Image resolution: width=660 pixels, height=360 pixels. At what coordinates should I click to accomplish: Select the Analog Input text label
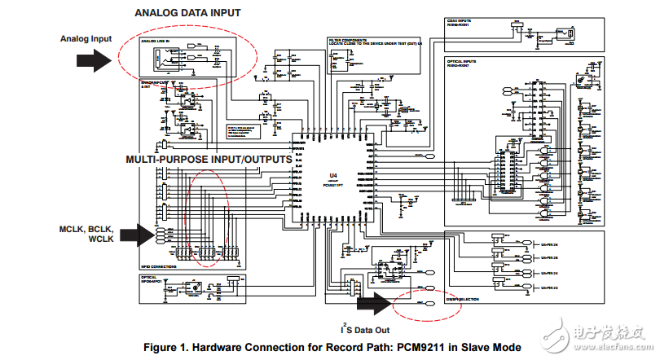pyautogui.click(x=86, y=38)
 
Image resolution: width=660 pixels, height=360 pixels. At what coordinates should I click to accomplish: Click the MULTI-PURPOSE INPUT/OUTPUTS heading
pyautogui.click(x=209, y=160)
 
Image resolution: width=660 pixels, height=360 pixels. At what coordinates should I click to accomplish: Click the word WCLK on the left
pyautogui.click(x=101, y=240)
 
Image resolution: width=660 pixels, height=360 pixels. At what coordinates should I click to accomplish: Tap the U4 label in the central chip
pyautogui.click(x=332, y=176)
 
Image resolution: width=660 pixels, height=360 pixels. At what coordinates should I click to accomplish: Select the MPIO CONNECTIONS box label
pyautogui.click(x=160, y=267)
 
